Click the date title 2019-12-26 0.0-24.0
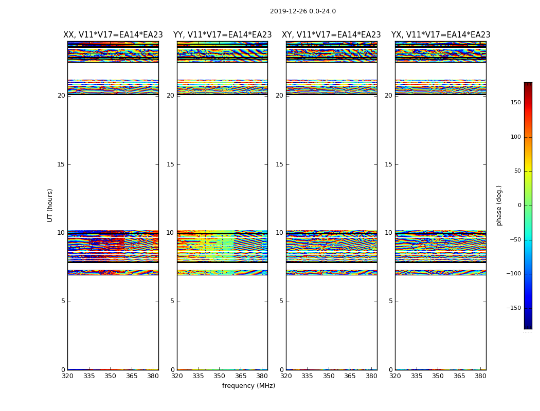tap(302, 11)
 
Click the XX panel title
tap(113, 35)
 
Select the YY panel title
tap(222, 35)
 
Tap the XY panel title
tap(331, 35)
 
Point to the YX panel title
tap(441, 35)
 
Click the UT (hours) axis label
tap(50, 205)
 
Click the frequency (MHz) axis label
tap(248, 386)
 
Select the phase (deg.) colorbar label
tap(499, 206)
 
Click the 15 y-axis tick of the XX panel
tap(61, 164)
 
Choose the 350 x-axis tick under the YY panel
tap(219, 376)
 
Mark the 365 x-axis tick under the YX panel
tap(459, 376)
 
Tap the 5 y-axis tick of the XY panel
tap(281, 301)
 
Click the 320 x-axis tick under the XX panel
tap(67, 376)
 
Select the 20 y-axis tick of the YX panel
tap(388, 96)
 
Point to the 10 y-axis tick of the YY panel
tap(170, 233)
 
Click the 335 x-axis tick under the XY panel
tap(307, 376)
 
